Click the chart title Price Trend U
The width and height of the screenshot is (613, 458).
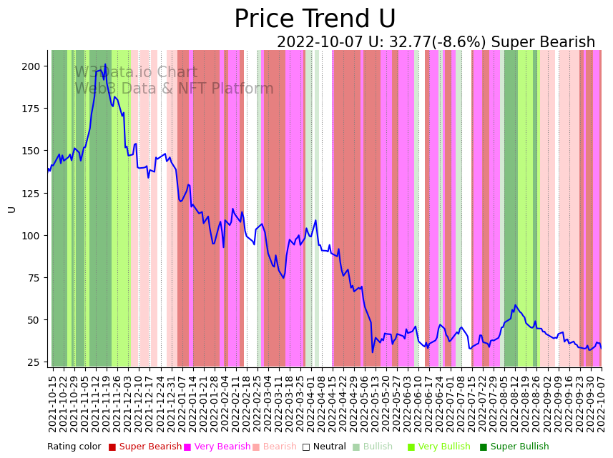(x=315, y=19)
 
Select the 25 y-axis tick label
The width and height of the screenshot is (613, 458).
(x=33, y=362)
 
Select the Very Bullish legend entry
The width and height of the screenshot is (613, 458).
(x=443, y=447)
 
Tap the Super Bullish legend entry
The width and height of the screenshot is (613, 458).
(x=519, y=447)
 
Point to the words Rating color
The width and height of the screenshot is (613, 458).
(x=74, y=447)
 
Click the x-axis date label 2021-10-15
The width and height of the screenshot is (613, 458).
(x=52, y=400)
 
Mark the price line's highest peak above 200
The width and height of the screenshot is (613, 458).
(x=105, y=65)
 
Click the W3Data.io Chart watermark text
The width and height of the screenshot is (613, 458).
(x=136, y=72)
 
